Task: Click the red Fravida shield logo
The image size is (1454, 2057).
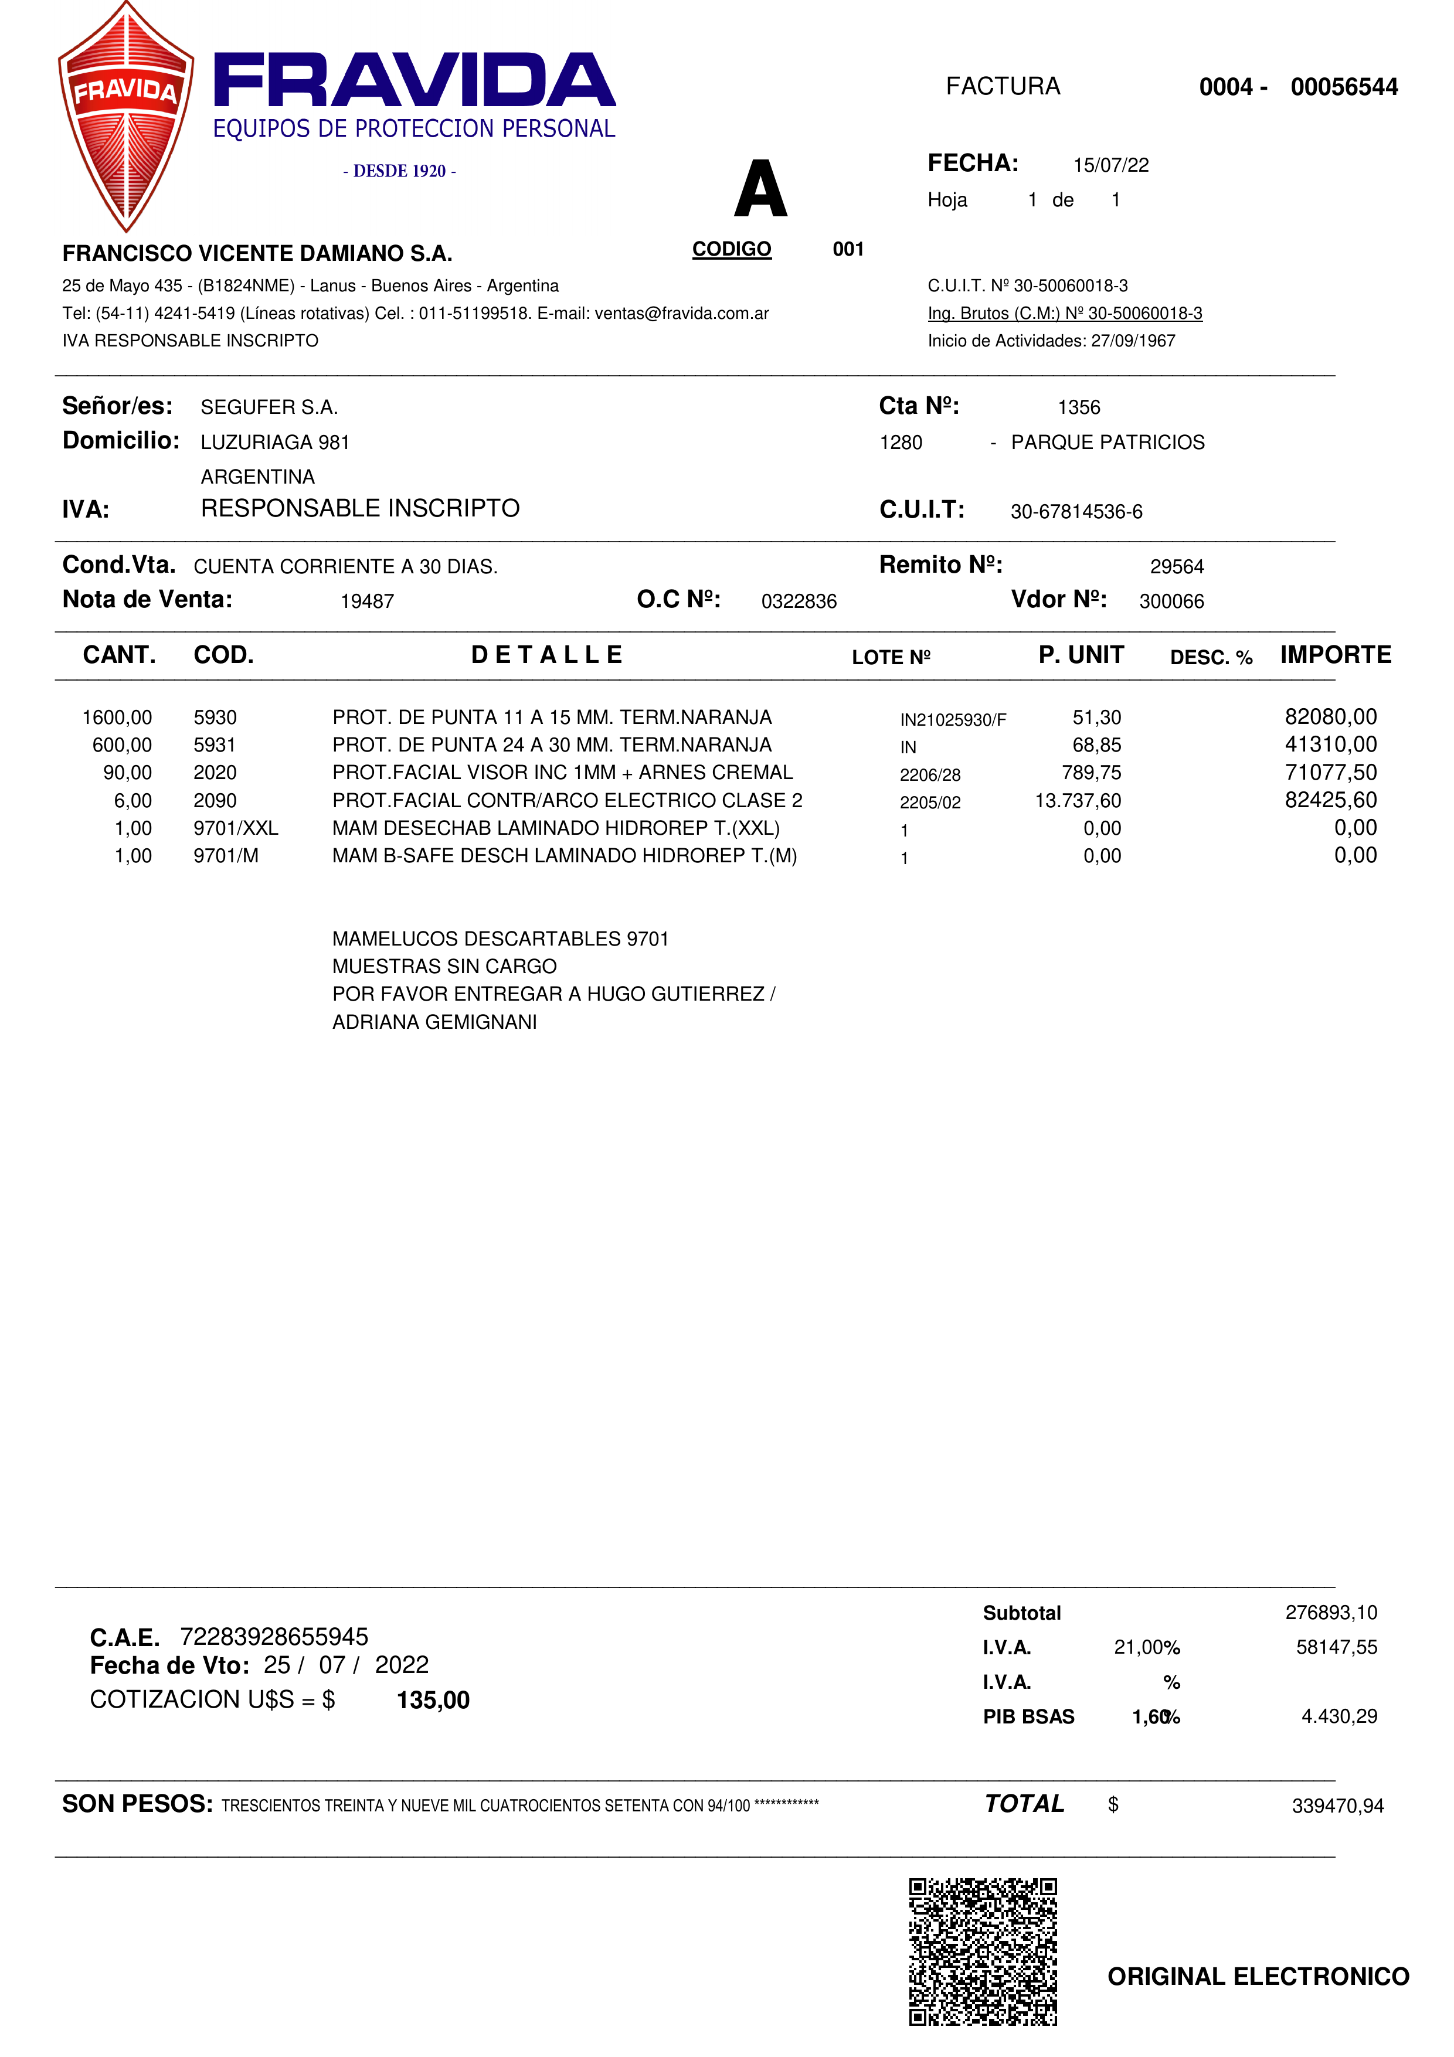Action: click(x=126, y=117)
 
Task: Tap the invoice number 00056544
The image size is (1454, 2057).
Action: click(x=1343, y=87)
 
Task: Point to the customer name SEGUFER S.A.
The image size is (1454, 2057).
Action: click(x=269, y=407)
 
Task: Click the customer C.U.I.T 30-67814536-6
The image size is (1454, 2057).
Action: click(x=1076, y=512)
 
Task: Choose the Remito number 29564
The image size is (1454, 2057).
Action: click(x=1176, y=566)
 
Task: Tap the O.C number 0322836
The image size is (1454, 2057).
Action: click(x=798, y=601)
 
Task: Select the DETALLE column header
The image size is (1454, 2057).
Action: click(x=546, y=655)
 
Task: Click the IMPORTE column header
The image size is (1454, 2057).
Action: click(x=1335, y=655)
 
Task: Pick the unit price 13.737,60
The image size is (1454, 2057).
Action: click(x=1077, y=800)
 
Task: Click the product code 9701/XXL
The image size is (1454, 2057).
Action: click(x=236, y=828)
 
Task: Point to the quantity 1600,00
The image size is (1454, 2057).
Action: click(x=117, y=718)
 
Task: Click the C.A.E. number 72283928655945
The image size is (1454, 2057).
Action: click(x=274, y=1637)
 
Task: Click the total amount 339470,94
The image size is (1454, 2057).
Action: click(x=1337, y=1806)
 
